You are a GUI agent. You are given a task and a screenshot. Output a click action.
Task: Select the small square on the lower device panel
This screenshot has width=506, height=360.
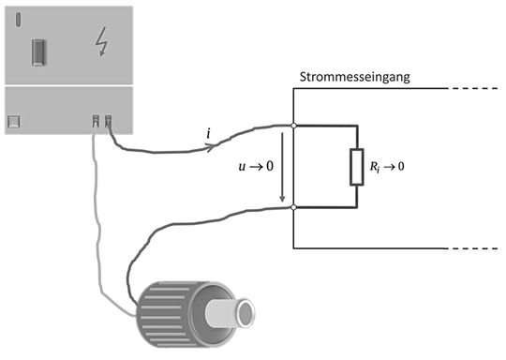click(14, 121)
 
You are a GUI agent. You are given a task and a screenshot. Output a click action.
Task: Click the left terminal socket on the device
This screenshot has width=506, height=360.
click(97, 121)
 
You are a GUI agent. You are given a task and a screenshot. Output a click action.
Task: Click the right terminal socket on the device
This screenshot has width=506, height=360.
click(109, 121)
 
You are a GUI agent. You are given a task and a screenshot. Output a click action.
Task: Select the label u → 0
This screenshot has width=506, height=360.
click(252, 166)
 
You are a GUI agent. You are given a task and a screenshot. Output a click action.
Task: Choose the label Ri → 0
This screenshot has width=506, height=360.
click(389, 166)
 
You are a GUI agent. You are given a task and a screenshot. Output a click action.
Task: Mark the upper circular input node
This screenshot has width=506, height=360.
click(294, 125)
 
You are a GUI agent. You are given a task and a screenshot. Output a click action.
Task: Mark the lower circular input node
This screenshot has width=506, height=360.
click(294, 207)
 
